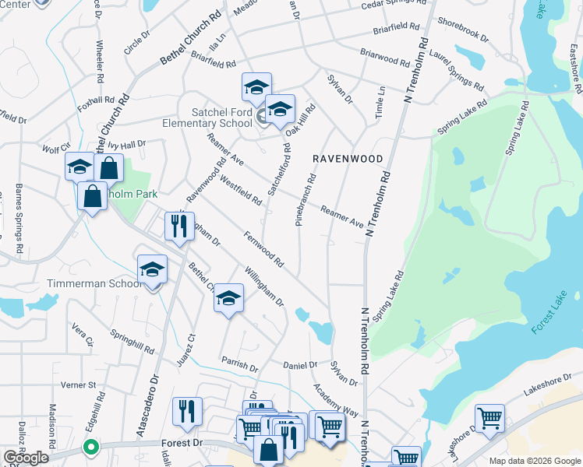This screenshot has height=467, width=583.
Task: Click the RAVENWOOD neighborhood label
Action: (x=348, y=159)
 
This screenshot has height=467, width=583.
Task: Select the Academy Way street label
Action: (x=335, y=400)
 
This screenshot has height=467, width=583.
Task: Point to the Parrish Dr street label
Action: (x=238, y=364)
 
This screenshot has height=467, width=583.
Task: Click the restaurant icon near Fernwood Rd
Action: (x=179, y=226)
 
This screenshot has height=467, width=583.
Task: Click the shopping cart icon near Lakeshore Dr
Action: (x=489, y=418)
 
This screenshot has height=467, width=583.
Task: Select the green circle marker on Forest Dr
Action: (x=91, y=448)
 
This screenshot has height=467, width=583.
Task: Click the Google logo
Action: (x=25, y=458)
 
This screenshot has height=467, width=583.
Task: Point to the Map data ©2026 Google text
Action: (x=535, y=461)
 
